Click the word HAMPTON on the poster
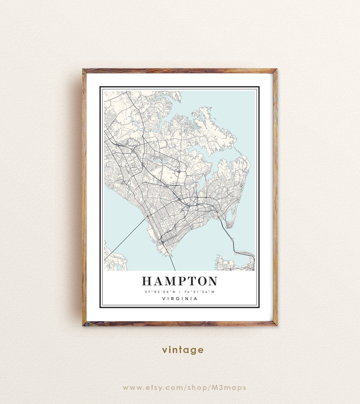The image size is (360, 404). coord(180,281)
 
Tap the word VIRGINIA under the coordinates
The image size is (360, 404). coord(180,298)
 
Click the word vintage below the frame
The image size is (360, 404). coord(183,350)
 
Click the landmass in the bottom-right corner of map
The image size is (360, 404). coord(234,263)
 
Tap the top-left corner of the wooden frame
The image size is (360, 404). coord(84,71)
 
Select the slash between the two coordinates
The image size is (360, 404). coord(180,292)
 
